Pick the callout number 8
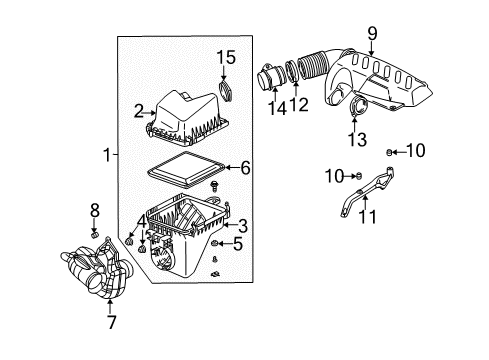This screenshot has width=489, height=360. point(96,209)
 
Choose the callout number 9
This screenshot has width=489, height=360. point(372,37)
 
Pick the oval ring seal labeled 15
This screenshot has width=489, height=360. point(226,95)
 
